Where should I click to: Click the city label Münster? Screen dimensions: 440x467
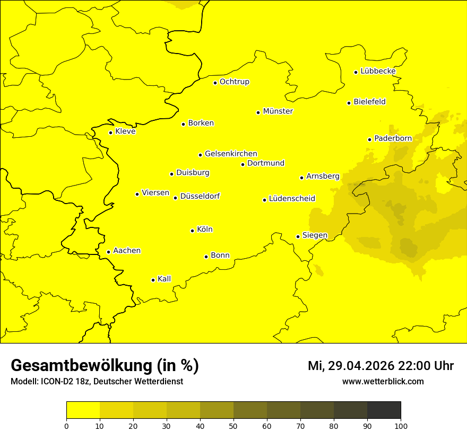[x=278, y=111]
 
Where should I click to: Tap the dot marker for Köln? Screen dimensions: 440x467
[x=193, y=231]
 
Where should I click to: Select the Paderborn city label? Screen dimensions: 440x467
[x=393, y=138]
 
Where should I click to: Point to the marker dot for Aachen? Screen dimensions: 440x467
[x=109, y=252]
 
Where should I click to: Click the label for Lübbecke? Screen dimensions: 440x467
[x=378, y=71]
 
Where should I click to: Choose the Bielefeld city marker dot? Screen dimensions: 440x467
[x=349, y=103]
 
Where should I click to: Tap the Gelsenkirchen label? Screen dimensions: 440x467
[x=231, y=154]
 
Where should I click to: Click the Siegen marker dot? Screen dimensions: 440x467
[x=298, y=236]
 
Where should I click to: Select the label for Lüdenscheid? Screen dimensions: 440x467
[x=292, y=199]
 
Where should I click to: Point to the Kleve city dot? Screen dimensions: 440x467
[x=111, y=133]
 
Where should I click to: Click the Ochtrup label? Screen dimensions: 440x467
[x=234, y=82]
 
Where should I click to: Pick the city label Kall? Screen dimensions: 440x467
[x=164, y=279]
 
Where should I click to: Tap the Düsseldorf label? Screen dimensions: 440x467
[x=200, y=196]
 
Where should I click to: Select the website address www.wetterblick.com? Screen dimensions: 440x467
[x=383, y=382]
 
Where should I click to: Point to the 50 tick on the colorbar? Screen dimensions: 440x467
[x=233, y=426]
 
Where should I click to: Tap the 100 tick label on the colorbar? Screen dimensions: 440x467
[x=401, y=426]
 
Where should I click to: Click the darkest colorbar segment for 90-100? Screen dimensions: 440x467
[x=384, y=410]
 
